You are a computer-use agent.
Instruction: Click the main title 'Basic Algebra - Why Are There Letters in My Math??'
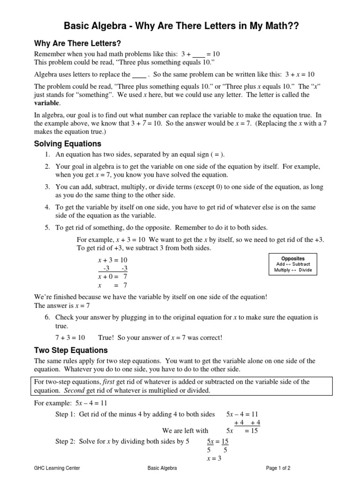pos(180,26)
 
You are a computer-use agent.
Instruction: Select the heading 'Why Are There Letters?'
pos(78,44)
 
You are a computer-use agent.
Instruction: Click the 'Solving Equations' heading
pos(67,143)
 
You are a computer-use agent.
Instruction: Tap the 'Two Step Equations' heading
pos(71,350)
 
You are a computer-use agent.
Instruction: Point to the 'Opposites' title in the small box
pos(292,258)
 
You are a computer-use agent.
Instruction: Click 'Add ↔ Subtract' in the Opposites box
pos(292,264)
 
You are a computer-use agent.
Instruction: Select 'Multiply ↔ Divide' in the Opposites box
pos(292,270)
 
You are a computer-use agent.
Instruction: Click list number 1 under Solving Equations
pos(48,155)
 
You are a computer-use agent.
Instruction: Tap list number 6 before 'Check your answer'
pos(48,318)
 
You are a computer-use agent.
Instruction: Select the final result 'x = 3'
pos(214,458)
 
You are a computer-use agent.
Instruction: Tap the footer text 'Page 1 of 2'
pos(278,468)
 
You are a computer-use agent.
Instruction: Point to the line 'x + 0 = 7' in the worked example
pos(112,277)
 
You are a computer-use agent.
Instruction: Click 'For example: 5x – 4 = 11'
pos(71,403)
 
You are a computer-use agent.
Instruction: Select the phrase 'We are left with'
pos(185,431)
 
